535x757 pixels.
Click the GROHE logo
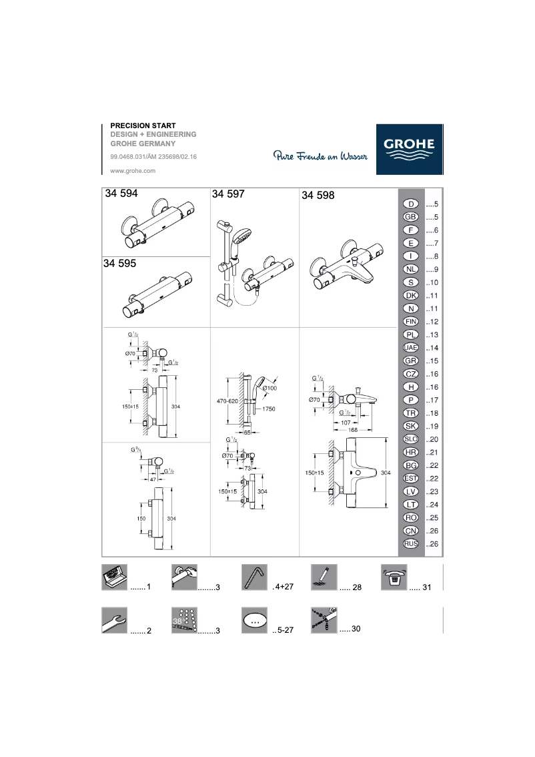tap(409, 150)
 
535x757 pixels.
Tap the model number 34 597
tap(228, 194)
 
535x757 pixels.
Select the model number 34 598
tap(318, 196)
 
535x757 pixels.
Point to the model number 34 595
tap(120, 264)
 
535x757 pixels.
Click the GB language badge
tap(411, 217)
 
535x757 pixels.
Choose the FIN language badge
tap(411, 322)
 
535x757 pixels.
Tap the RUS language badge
tap(411, 543)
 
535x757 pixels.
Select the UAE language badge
tap(411, 348)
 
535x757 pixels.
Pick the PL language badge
tap(411, 334)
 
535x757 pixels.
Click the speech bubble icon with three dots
tap(254, 620)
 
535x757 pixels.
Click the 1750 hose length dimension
tap(270, 409)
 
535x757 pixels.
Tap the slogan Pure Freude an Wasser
tap(320, 156)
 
